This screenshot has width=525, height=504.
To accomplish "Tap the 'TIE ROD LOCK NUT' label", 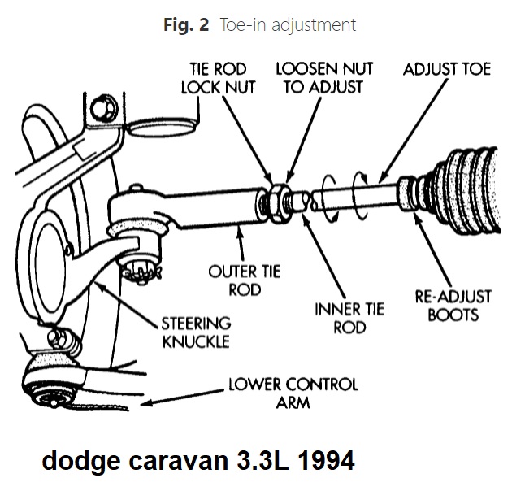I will [217, 77].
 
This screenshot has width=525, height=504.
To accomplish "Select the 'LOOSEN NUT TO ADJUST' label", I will [318, 77].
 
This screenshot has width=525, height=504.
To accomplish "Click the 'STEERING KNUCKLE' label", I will [196, 332].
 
